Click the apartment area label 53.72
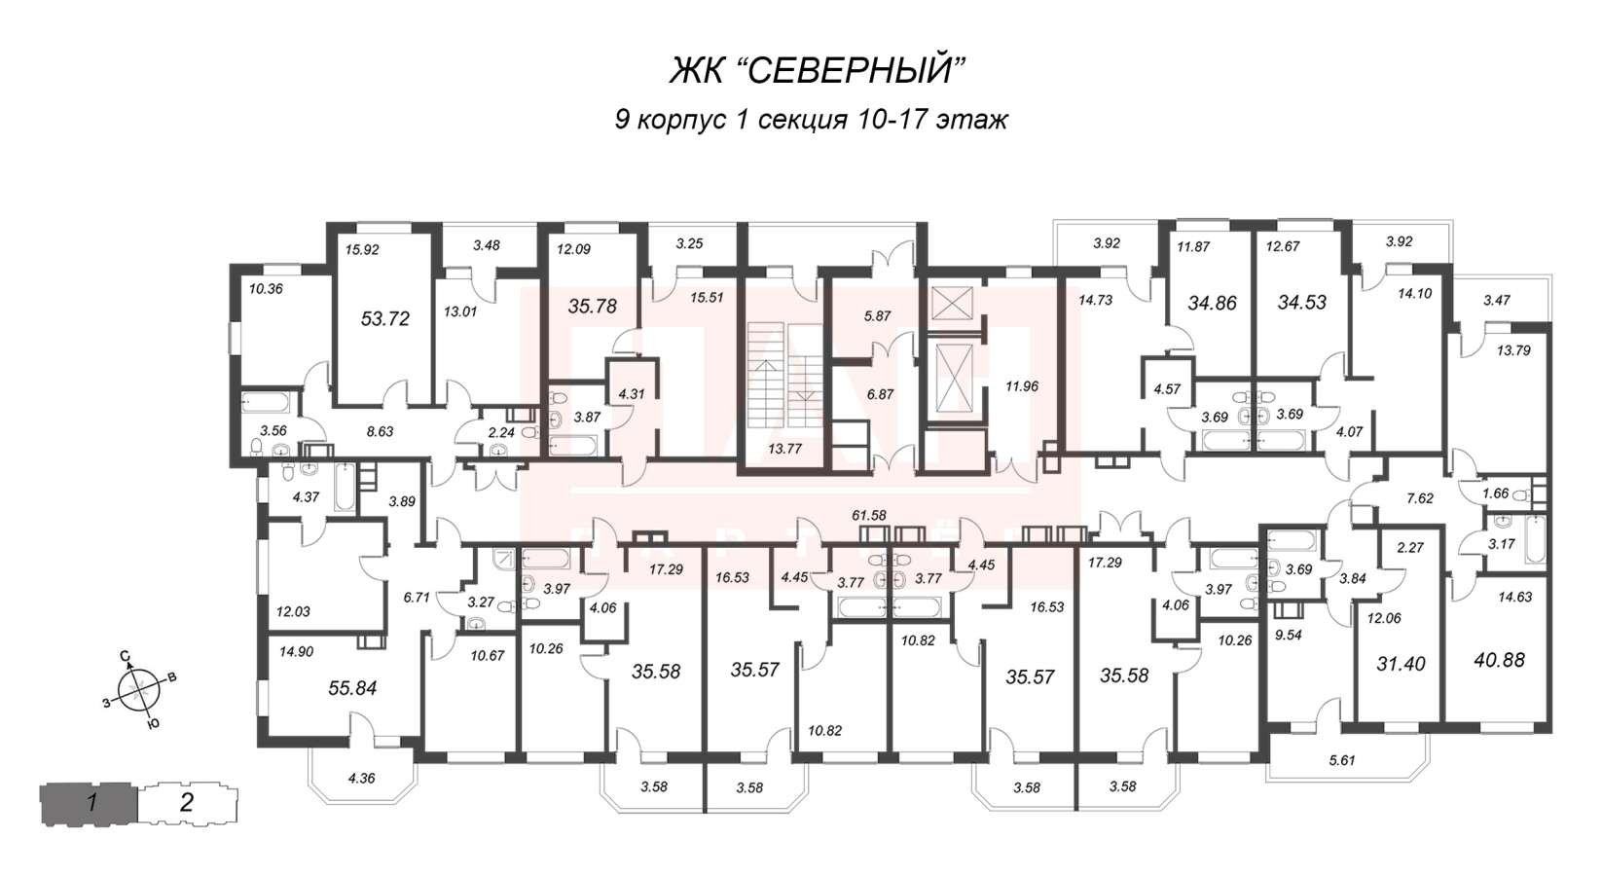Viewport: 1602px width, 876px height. (x=385, y=318)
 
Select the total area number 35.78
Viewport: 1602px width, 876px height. (x=593, y=306)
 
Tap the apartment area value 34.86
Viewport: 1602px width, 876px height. (x=1212, y=303)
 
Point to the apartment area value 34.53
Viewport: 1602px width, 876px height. (x=1301, y=303)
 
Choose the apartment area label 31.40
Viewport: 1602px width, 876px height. (x=1401, y=664)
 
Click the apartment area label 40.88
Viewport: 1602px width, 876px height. (x=1499, y=659)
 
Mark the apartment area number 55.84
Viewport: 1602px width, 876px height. (x=352, y=688)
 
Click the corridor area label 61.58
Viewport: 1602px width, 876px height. (x=867, y=515)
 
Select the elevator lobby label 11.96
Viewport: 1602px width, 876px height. (x=1022, y=385)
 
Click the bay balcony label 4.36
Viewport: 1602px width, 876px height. (x=361, y=778)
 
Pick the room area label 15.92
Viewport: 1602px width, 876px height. (x=362, y=249)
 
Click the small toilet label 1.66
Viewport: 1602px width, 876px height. (x=1495, y=493)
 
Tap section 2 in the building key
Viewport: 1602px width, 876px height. (x=187, y=803)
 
